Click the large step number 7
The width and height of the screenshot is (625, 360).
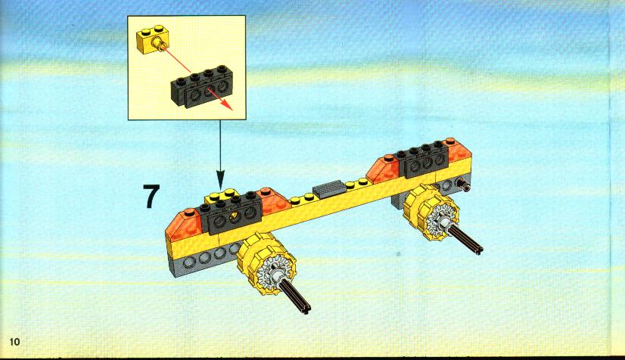click(151, 196)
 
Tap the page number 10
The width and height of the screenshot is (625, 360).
click(14, 342)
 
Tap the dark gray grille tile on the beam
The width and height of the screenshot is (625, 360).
click(329, 188)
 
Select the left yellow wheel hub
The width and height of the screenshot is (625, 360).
click(263, 263)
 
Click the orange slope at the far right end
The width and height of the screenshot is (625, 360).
click(459, 151)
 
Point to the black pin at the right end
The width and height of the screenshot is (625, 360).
click(464, 184)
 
